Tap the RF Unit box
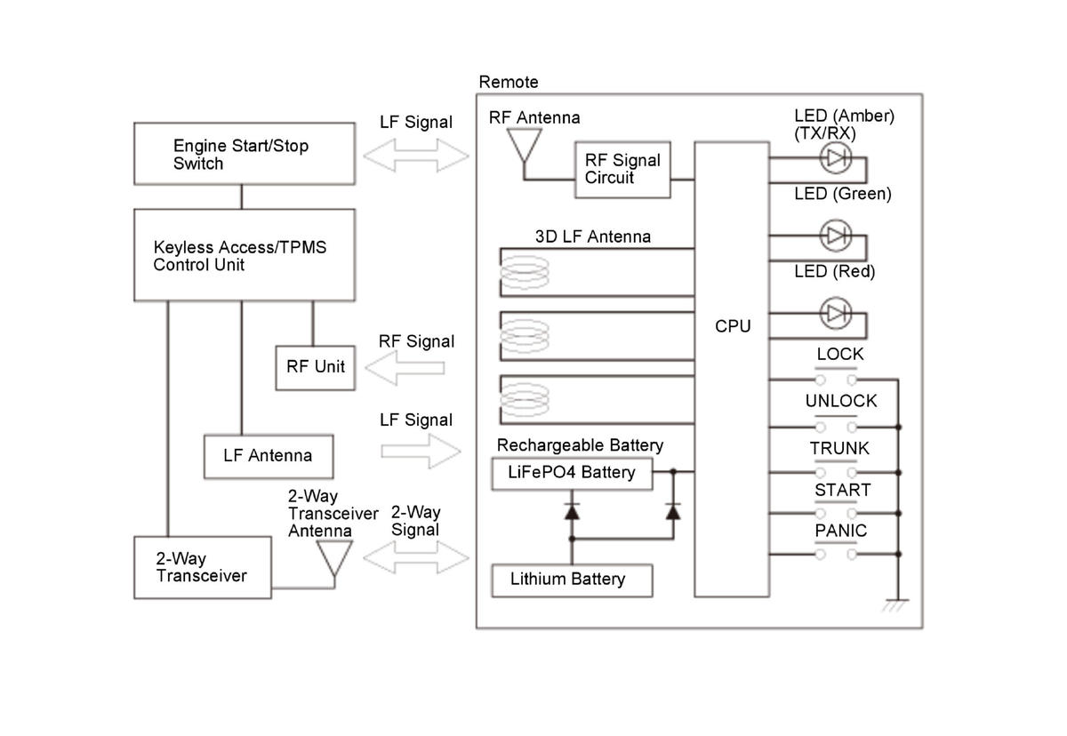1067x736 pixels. tap(316, 366)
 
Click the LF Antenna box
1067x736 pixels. tap(269, 456)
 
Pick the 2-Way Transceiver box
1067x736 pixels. tap(202, 567)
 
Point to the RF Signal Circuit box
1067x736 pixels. tap(622, 169)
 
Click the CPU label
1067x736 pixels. tap(733, 326)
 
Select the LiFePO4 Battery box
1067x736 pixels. tap(572, 473)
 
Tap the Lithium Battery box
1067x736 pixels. tap(572, 580)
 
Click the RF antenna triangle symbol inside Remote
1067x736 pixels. tap(522, 143)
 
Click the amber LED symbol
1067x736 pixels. tap(835, 157)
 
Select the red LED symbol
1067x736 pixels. tap(835, 313)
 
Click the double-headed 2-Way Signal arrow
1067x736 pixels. tap(416, 558)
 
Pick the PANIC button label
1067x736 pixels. tap(840, 532)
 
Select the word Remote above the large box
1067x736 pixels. tap(509, 82)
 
